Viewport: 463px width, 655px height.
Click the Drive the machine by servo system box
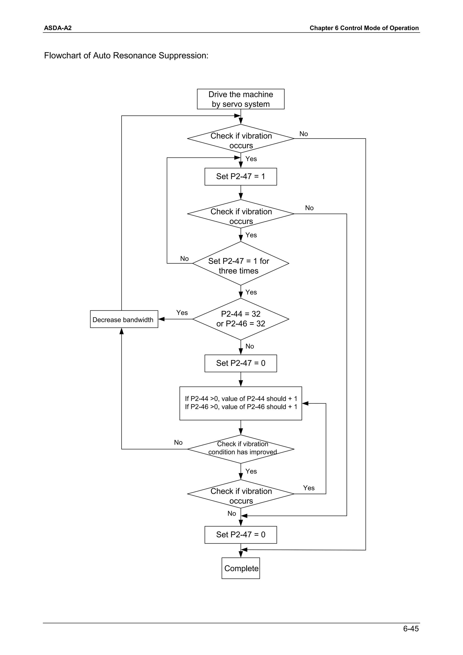pyautogui.click(x=241, y=99)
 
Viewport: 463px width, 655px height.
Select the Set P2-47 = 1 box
pyautogui.click(x=241, y=177)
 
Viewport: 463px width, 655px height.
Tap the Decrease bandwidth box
pyautogui.click(x=124, y=319)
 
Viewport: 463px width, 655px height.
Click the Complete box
pyautogui.click(x=241, y=568)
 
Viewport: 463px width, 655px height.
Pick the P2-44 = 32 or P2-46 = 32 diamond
pyautogui.click(x=241, y=319)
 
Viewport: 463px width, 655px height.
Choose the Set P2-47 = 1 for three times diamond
pyautogui.click(x=241, y=263)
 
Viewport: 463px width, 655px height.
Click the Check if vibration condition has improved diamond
pyautogui.click(x=241, y=449)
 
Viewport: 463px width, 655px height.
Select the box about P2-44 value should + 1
pyautogui.click(x=241, y=403)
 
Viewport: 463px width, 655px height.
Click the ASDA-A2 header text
pyautogui.click(x=58, y=28)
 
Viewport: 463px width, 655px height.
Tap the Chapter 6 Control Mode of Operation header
pyautogui.click(x=364, y=28)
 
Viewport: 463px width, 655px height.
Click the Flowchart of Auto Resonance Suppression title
pyautogui.click(x=126, y=55)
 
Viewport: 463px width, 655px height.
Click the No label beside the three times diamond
pyautogui.click(x=184, y=258)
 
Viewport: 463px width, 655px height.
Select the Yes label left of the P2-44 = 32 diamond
pyautogui.click(x=182, y=313)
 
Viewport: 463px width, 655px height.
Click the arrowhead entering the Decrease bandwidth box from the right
pyautogui.click(x=161, y=319)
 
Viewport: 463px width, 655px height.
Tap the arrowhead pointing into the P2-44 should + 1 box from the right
pyautogui.click(x=305, y=403)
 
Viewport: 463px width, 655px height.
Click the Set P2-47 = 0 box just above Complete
pyautogui.click(x=241, y=535)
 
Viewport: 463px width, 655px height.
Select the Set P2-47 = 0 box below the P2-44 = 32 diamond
pyautogui.click(x=241, y=363)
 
